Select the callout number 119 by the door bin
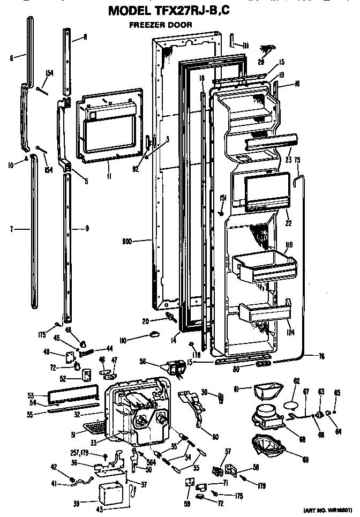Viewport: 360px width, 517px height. click(x=289, y=247)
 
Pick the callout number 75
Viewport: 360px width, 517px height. click(x=297, y=160)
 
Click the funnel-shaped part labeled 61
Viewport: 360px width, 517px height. click(x=266, y=392)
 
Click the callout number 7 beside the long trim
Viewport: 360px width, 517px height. click(x=11, y=229)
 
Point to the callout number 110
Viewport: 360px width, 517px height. click(x=137, y=339)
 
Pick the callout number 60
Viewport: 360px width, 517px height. click(x=215, y=437)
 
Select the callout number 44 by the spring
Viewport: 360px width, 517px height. click(x=109, y=348)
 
